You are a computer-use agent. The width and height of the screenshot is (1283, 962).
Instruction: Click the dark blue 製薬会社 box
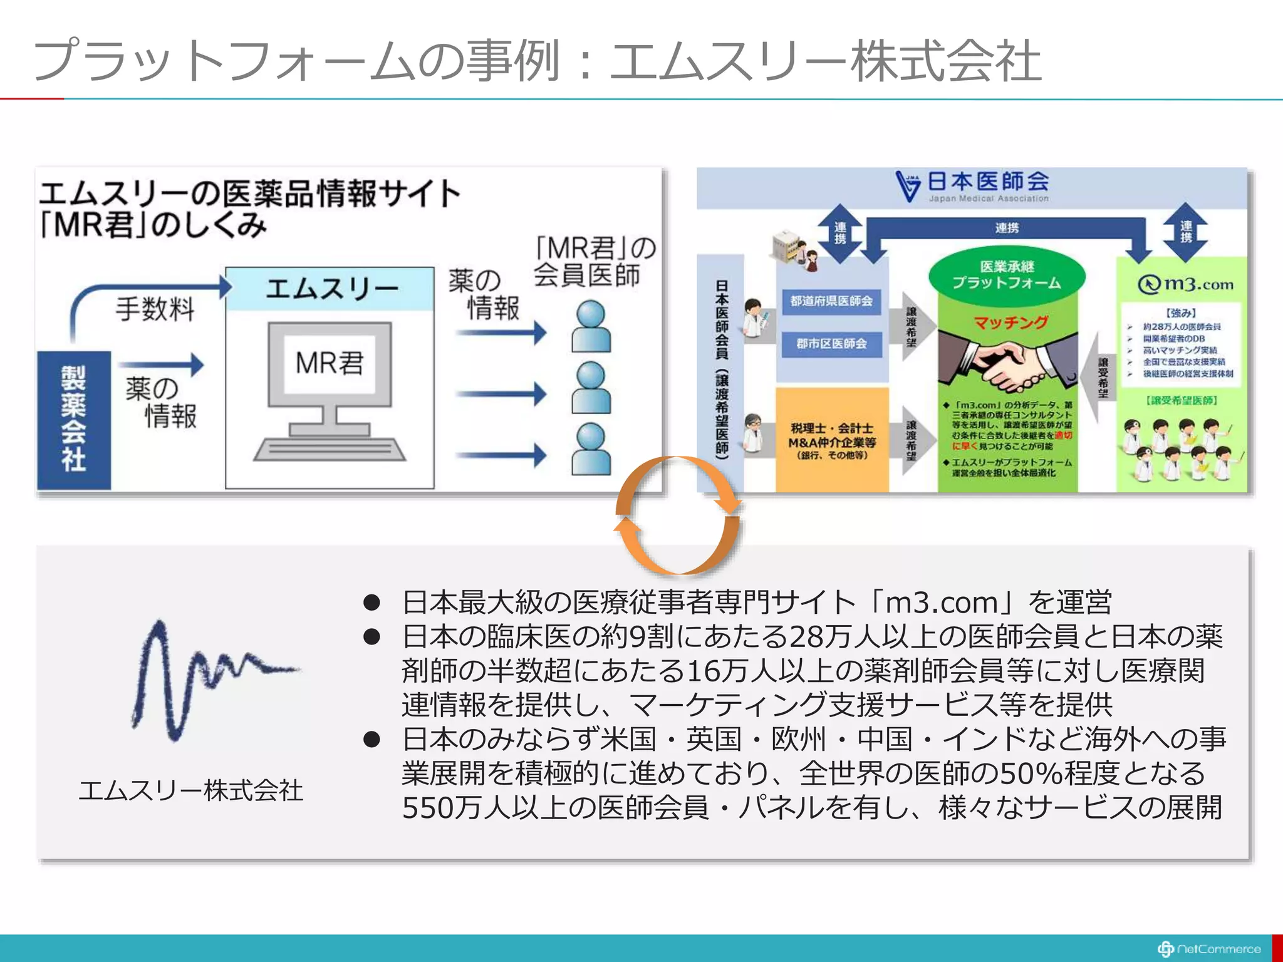74,420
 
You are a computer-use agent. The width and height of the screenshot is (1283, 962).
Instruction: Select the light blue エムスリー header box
330,289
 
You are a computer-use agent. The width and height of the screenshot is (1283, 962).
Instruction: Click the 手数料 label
155,309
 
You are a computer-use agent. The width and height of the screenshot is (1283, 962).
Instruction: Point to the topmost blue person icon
591,326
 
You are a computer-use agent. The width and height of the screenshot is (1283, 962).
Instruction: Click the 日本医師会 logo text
987,182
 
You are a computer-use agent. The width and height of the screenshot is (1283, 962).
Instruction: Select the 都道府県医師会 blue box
831,301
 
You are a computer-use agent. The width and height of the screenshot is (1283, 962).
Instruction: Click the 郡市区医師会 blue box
831,344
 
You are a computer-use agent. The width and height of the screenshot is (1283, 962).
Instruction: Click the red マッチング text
1010,323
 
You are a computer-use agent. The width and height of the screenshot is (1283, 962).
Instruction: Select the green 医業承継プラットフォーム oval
1007,274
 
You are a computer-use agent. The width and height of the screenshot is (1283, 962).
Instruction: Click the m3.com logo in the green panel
1185,284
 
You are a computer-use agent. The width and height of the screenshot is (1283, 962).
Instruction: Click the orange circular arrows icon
677,515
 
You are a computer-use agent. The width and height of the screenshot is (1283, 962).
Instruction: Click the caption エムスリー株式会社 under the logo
191,790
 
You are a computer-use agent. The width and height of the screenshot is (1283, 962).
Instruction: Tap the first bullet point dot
372,603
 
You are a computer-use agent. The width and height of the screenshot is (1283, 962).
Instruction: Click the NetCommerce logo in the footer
1208,949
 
